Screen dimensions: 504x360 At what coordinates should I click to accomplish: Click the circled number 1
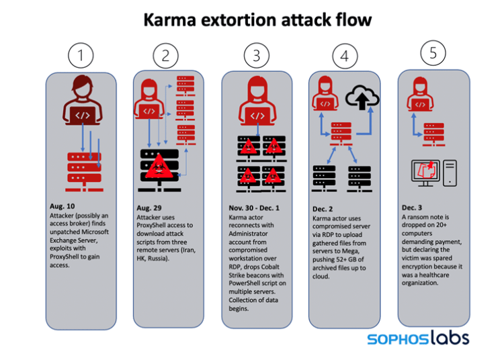click(81, 55)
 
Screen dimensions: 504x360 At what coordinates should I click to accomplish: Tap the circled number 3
click(257, 56)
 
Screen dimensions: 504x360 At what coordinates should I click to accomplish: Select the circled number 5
click(433, 53)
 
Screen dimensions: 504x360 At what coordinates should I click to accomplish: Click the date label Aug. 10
click(62, 206)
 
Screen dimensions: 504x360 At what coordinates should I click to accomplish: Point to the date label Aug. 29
click(149, 208)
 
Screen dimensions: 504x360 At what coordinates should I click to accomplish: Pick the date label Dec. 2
click(323, 209)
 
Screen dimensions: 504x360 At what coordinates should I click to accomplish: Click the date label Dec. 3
click(412, 208)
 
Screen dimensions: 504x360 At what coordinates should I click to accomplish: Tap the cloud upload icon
click(362, 97)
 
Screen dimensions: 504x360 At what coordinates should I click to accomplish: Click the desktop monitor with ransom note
click(425, 173)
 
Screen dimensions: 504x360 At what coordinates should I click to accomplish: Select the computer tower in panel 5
click(450, 173)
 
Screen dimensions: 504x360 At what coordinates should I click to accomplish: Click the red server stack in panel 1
click(84, 172)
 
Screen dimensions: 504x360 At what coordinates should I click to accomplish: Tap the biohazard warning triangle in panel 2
click(159, 167)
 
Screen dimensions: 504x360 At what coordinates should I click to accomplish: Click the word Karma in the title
click(170, 20)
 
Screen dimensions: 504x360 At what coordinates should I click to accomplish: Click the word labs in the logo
click(450, 338)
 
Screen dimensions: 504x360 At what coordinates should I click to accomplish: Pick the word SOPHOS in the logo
click(398, 339)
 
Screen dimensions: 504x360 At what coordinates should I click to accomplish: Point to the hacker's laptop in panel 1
click(83, 116)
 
